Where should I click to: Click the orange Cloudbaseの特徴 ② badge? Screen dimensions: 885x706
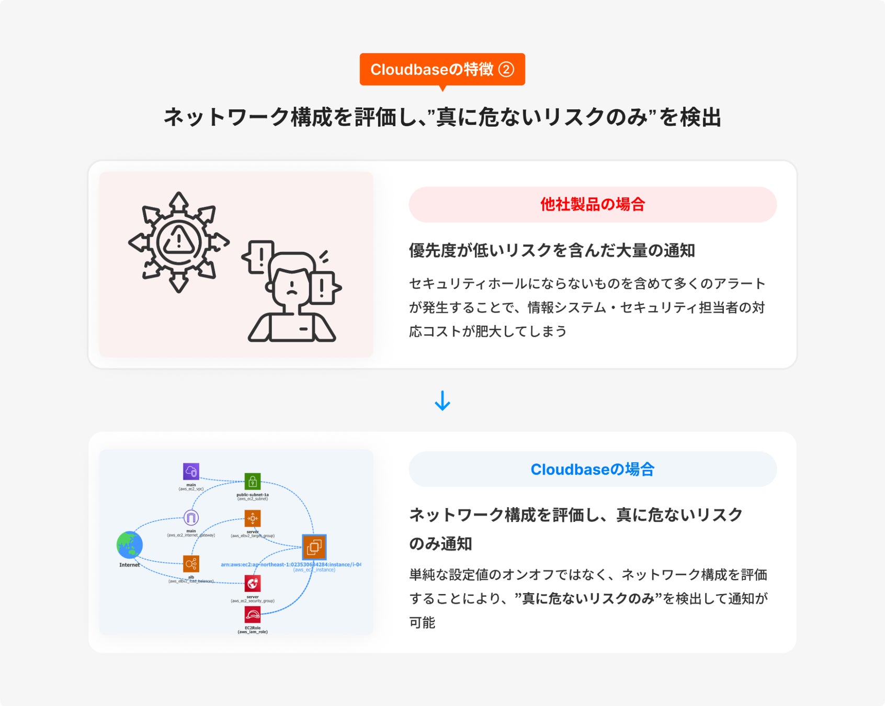pos(442,69)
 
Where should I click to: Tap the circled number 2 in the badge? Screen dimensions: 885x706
pos(506,69)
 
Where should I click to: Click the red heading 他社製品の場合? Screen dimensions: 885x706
pos(593,204)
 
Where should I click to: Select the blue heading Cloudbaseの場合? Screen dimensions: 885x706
pos(593,469)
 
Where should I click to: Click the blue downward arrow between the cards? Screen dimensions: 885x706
pos(442,401)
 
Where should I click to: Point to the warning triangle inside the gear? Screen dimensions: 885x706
pos(179,241)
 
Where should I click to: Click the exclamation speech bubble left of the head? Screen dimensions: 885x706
pos(260,257)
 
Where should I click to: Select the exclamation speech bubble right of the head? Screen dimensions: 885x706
pos(323,288)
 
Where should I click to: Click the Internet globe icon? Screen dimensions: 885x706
pos(130,545)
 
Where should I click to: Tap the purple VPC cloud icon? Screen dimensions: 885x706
pos(191,471)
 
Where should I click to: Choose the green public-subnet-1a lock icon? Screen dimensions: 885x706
pos(253,482)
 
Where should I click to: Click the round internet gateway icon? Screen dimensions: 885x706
pos(191,518)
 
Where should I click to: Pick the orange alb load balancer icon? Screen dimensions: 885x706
pos(191,564)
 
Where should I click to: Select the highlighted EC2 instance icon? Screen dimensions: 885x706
pos(314,547)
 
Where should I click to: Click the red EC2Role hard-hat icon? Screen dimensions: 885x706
pos(253,615)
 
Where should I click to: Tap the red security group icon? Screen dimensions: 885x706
pos(253,584)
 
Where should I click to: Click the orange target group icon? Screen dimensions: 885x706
pos(253,519)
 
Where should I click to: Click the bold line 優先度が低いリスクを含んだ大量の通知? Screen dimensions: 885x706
pos(552,250)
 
